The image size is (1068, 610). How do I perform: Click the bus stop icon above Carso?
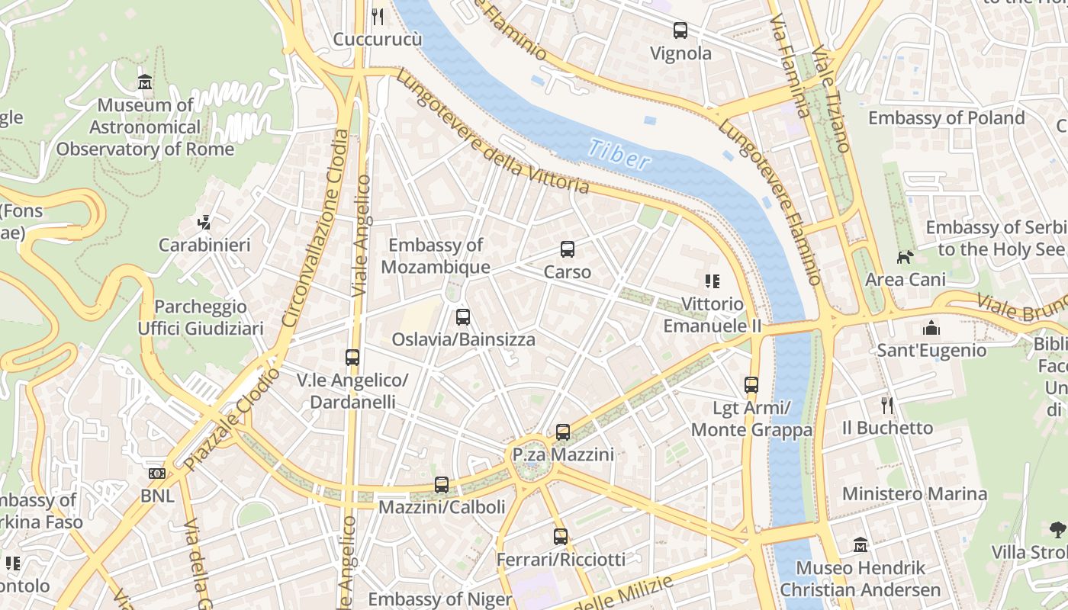567,249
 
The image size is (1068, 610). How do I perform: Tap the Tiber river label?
619,154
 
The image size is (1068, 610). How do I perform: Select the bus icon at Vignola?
680,30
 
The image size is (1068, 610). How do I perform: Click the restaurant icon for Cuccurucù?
377,16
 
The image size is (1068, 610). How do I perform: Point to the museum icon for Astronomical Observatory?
145,82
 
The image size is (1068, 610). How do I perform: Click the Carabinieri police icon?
204,223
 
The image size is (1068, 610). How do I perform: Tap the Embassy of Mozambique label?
436,256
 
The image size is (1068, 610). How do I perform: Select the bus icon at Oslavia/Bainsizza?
462,317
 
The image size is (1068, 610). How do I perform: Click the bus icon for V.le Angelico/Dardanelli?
352,357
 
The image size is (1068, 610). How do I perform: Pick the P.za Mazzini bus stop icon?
562,432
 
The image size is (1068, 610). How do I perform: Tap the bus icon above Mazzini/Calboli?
441,484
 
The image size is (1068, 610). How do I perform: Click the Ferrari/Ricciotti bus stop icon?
561,537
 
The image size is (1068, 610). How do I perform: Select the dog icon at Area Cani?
904,258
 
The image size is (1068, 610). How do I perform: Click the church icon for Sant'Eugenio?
931,328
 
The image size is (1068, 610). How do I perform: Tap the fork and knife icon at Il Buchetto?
886,405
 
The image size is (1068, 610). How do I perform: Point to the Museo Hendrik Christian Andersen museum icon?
861,545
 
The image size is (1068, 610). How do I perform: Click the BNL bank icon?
157,474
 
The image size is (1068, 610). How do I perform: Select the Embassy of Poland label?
946,118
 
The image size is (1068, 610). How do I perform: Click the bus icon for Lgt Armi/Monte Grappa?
751,385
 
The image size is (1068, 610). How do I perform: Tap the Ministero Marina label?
914,493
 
